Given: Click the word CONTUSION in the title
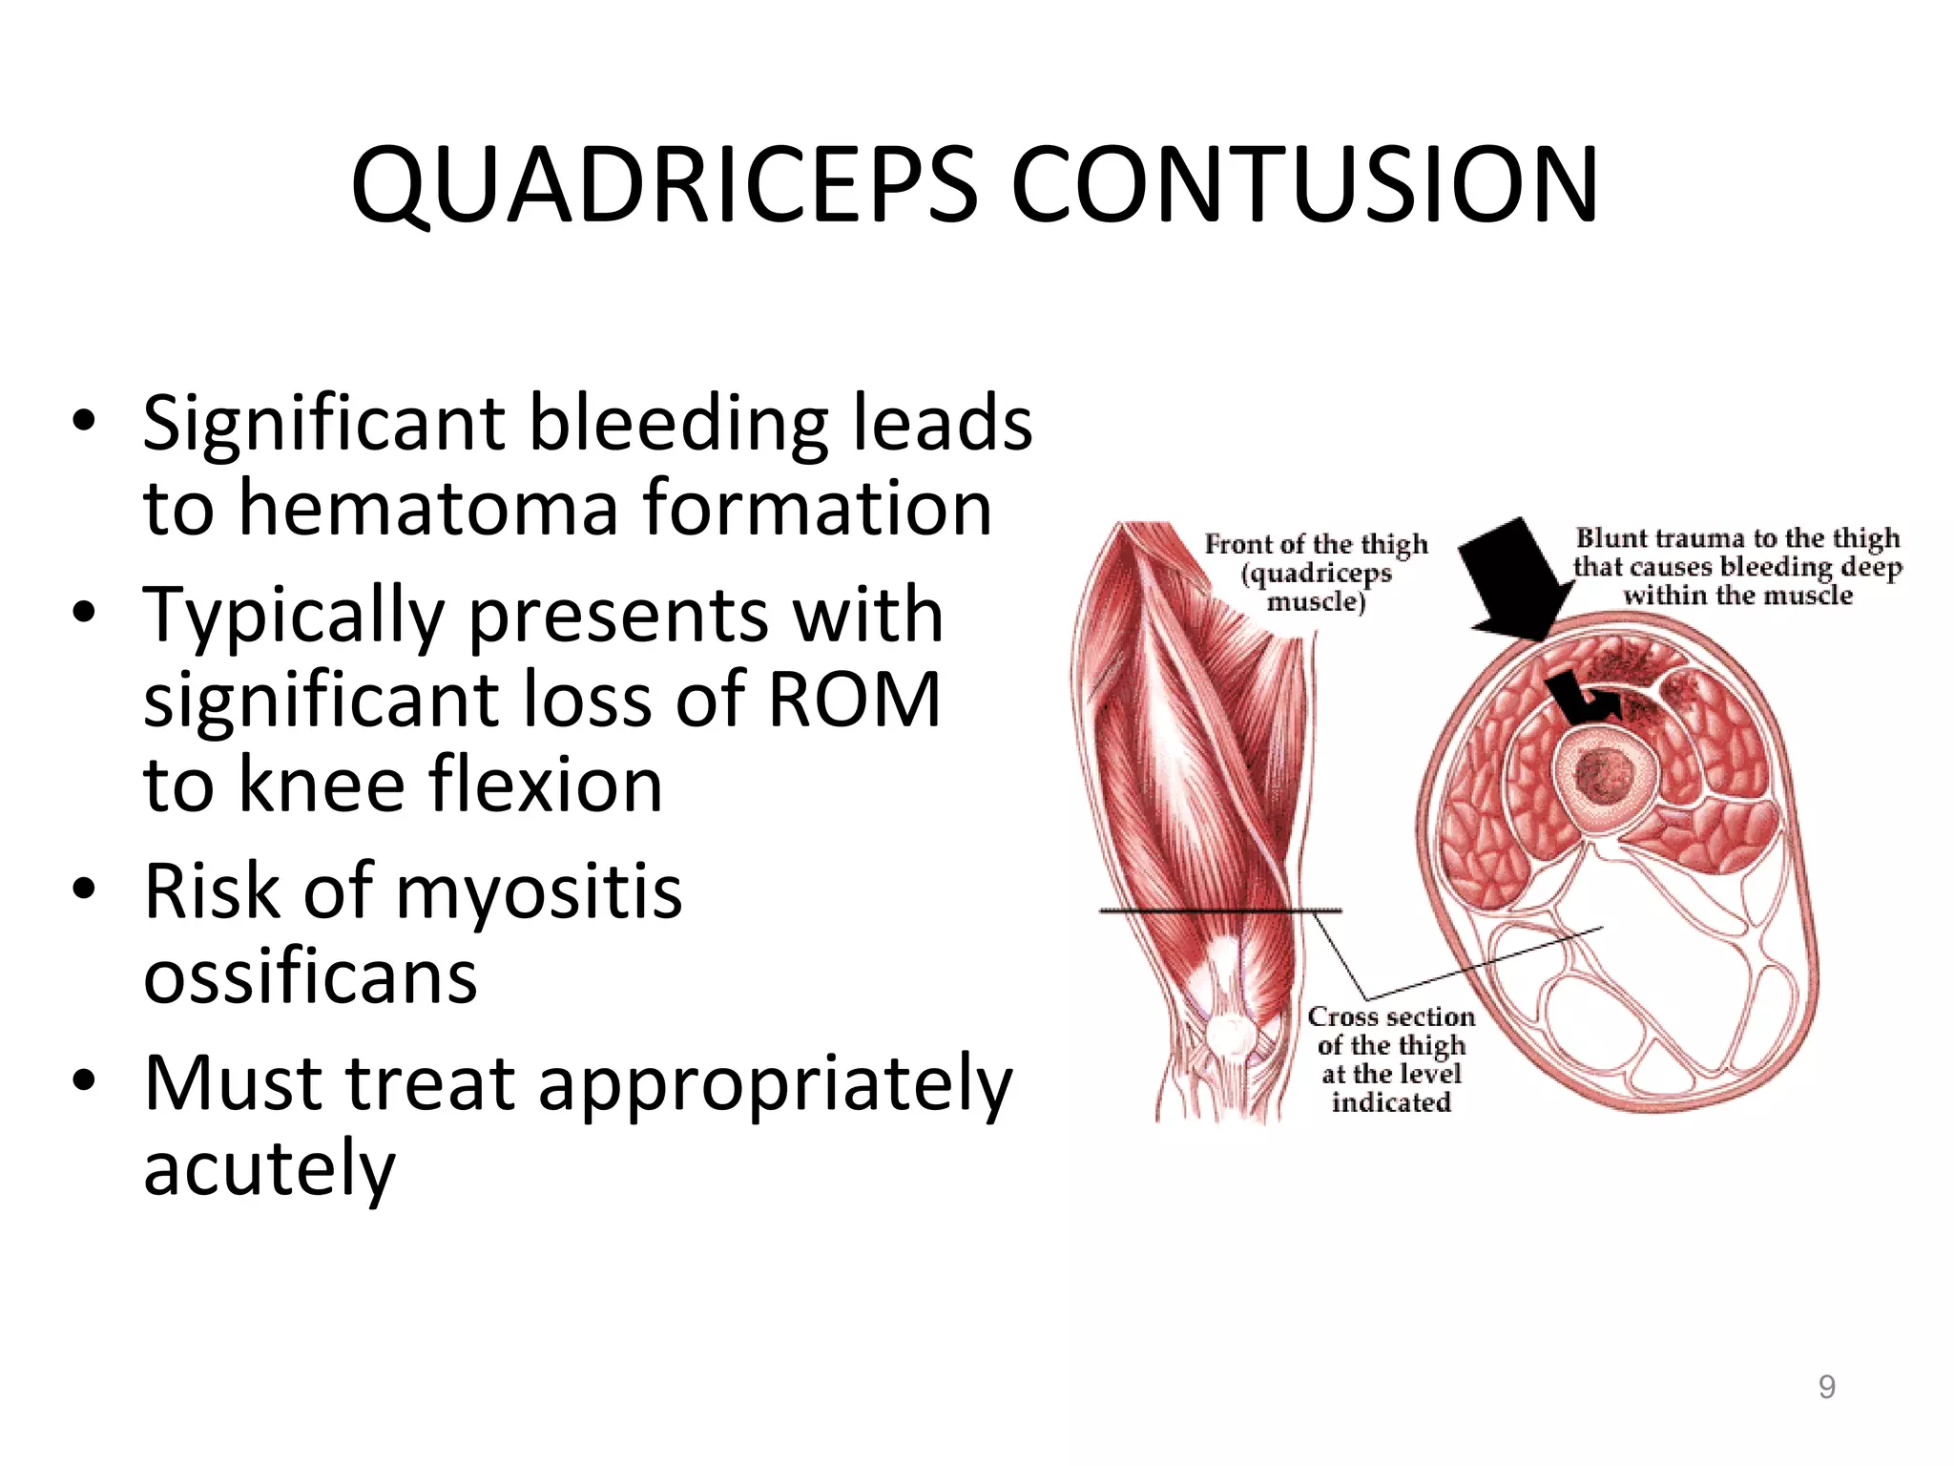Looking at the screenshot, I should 1303,186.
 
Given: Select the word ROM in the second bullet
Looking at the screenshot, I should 854,700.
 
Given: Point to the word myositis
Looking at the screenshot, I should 539,892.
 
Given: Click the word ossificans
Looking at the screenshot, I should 310,978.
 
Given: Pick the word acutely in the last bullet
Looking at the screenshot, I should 269,1169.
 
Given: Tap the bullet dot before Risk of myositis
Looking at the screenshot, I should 84,890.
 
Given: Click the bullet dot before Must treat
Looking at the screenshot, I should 84,1080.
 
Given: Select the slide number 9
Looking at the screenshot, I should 1826,1387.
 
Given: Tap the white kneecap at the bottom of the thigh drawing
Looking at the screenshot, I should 1232,1036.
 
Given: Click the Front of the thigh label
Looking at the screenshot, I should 1316,572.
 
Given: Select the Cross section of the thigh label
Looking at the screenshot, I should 1390,1058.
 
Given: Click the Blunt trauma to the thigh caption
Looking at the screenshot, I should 1736,567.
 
